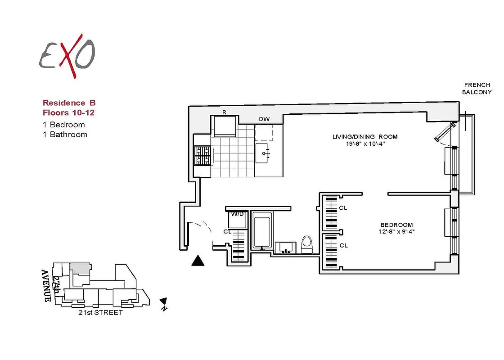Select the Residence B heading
[69, 103]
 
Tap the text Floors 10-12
[68, 112]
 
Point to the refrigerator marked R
[224, 126]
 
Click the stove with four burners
[202, 155]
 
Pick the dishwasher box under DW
[264, 132]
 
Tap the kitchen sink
[265, 153]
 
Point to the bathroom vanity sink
[286, 247]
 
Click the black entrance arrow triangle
[198, 261]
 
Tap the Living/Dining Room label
[365, 137]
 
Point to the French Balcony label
[477, 88]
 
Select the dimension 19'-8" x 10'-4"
[365, 144]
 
